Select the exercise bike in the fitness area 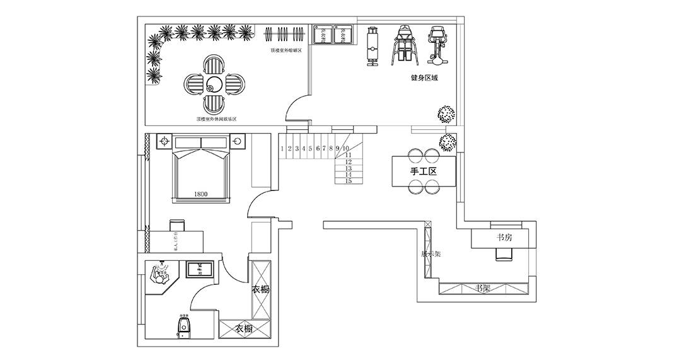(x=437, y=45)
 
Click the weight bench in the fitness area (x=372, y=45)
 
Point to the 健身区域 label (x=424, y=78)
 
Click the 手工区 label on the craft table (x=424, y=171)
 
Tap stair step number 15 (x=349, y=181)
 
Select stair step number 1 (x=282, y=149)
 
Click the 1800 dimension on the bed (x=201, y=194)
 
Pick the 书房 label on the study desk (x=504, y=238)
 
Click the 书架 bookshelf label (x=483, y=289)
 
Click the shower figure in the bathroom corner (x=162, y=274)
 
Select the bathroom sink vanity (x=200, y=269)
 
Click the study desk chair (x=504, y=253)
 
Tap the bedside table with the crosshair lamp (x=165, y=141)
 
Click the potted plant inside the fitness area (x=446, y=113)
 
